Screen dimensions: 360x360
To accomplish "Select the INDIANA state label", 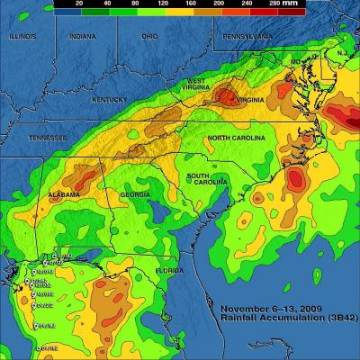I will [x=83, y=37].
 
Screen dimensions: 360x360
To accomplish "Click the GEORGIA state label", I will [x=135, y=195].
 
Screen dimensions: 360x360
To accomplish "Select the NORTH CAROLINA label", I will [x=237, y=138].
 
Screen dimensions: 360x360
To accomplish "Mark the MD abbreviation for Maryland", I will [x=296, y=61].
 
